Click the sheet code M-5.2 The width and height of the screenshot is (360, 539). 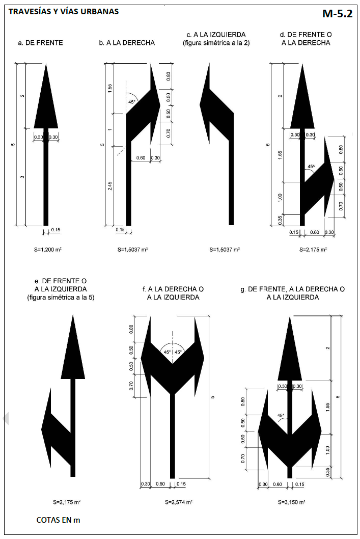(337, 13)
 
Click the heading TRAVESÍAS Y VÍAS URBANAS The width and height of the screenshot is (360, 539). (64, 11)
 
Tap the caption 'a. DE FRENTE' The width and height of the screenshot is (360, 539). (41, 43)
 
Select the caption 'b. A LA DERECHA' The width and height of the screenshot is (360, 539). (127, 43)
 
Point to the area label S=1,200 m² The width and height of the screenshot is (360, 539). (48, 250)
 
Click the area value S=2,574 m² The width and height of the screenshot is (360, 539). (179, 502)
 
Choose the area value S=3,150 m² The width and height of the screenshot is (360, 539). (291, 502)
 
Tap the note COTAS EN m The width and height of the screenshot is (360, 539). (58, 520)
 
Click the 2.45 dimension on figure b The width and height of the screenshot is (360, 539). (110, 186)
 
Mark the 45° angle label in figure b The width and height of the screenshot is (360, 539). (132, 102)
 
